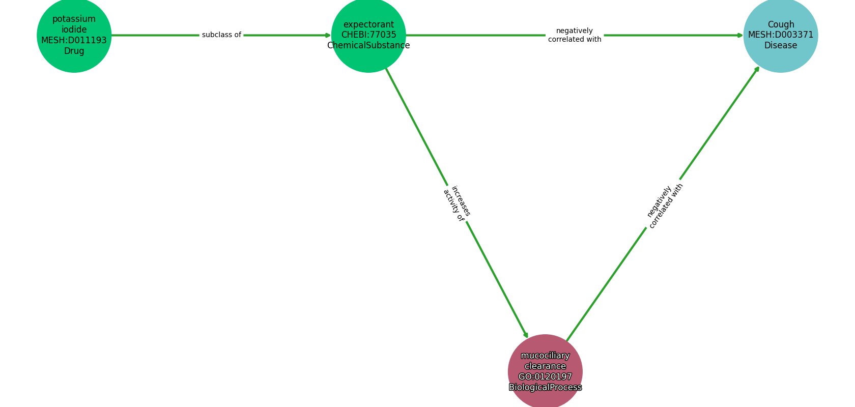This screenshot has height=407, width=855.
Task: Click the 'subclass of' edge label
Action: tap(221, 35)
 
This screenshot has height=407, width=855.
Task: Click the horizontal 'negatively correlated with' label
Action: tap(575, 35)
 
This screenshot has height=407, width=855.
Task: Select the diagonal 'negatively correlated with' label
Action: tap(665, 206)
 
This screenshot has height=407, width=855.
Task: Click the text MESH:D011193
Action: tap(74, 41)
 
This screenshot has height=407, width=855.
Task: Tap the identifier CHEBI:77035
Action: tap(368, 35)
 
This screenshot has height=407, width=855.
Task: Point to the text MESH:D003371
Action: tap(780, 35)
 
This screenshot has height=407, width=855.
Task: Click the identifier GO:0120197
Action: tap(545, 377)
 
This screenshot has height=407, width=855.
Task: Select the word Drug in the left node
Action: tap(74, 51)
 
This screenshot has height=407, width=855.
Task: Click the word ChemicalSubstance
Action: tap(368, 46)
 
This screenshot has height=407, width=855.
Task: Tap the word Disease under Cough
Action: tap(780, 46)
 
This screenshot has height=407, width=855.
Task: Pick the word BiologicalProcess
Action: tap(545, 388)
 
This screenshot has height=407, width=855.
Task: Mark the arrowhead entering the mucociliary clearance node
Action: tap(526, 335)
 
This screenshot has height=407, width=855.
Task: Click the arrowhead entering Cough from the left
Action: tap(740, 35)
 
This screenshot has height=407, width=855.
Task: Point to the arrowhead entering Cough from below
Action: tap(757, 69)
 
